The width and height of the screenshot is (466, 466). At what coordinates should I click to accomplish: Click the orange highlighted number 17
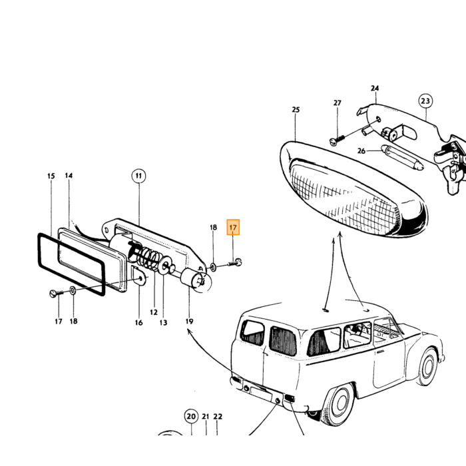click(x=233, y=228)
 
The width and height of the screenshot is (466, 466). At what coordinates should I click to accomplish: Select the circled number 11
click(x=138, y=176)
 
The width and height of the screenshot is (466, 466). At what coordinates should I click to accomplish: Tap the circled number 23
click(x=425, y=101)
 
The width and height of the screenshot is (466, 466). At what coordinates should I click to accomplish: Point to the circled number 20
click(x=191, y=416)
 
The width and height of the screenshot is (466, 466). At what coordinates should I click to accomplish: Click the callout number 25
click(x=296, y=110)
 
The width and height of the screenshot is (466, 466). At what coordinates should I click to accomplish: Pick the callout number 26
click(x=361, y=151)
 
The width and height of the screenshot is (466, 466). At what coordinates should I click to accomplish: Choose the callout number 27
click(x=337, y=103)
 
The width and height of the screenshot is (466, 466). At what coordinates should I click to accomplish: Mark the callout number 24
click(x=375, y=89)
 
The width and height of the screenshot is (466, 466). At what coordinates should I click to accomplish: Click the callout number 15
click(x=51, y=176)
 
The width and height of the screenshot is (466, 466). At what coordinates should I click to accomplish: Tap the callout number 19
click(x=189, y=322)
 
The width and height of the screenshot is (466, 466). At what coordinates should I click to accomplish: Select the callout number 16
click(x=138, y=322)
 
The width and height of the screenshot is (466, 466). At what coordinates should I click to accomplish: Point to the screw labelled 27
click(x=338, y=140)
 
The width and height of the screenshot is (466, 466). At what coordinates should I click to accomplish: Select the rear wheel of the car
click(x=340, y=403)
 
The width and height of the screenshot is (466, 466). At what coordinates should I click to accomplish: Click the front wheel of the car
click(x=428, y=367)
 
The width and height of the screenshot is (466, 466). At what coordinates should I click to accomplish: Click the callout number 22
click(x=218, y=417)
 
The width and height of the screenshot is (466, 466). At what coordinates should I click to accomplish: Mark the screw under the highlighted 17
click(x=235, y=262)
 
